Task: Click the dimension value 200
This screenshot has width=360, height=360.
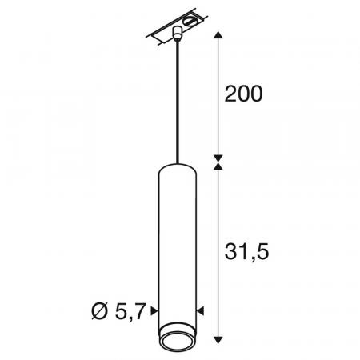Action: (243, 94)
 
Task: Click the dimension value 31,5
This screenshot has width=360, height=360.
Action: (243, 253)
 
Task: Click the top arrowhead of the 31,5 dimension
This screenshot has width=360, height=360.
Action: (215, 164)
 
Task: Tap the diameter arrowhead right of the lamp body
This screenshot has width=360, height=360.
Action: (201, 310)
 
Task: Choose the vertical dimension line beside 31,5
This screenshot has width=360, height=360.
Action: (215, 256)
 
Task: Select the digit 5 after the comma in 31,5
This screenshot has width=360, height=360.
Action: (262, 253)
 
